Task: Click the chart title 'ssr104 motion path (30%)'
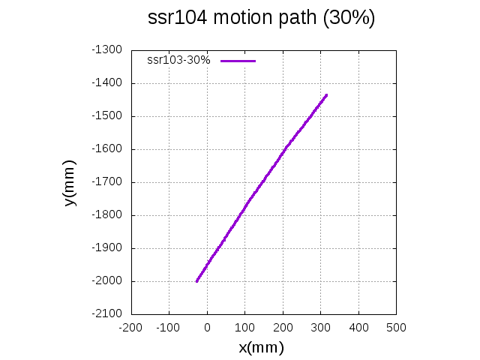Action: [x=262, y=19]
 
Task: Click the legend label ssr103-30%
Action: [x=178, y=60]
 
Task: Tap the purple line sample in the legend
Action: [x=238, y=60]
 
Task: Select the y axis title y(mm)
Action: [x=70, y=182]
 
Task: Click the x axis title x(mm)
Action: [x=261, y=347]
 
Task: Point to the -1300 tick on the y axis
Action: [x=107, y=49]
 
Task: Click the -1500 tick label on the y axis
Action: [x=107, y=115]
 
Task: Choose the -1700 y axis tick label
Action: [x=107, y=181]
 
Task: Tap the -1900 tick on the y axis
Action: [x=107, y=247]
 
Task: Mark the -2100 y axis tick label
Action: [x=107, y=313]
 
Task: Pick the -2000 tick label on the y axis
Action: [x=107, y=280]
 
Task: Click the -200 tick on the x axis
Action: [x=130, y=328]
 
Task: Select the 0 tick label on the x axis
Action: [x=208, y=328]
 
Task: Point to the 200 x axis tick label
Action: [x=283, y=328]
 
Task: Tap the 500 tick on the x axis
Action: [x=396, y=328]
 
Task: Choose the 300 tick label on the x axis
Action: [x=321, y=328]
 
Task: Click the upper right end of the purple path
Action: [x=326, y=95]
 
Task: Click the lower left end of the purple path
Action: [x=197, y=280]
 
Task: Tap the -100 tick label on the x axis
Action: [x=169, y=328]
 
